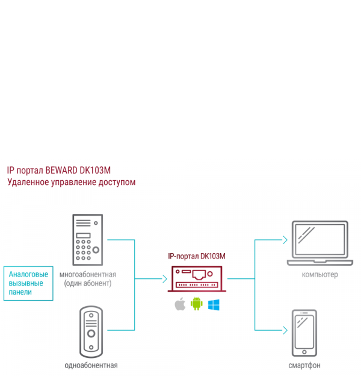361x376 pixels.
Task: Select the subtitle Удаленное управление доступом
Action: (x=72, y=182)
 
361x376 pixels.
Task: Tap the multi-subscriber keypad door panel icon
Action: (x=88, y=239)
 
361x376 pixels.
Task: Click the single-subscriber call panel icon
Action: (x=91, y=331)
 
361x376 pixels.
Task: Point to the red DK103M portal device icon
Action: (x=196, y=278)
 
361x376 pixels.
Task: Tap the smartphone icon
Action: (x=304, y=334)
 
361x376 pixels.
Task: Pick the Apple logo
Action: (x=179, y=304)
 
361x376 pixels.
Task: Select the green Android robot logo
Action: (x=196, y=304)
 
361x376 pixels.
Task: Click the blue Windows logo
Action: (x=214, y=305)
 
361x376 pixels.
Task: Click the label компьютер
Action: (x=320, y=275)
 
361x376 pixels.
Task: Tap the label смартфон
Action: (x=304, y=366)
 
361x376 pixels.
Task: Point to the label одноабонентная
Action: (x=91, y=365)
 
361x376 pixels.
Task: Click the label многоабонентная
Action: (x=88, y=275)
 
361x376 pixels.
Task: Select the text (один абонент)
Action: (x=88, y=283)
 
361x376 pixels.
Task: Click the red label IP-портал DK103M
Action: (x=196, y=256)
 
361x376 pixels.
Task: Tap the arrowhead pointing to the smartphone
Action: (x=284, y=330)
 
